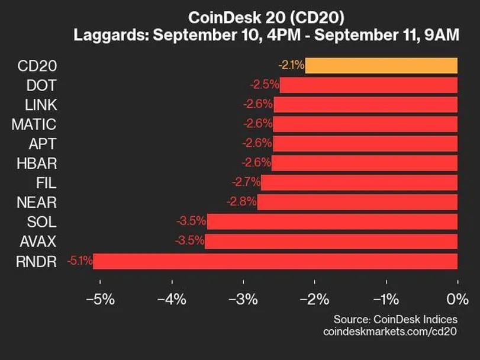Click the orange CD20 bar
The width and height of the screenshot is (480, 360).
381,65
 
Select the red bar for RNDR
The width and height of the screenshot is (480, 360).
275,261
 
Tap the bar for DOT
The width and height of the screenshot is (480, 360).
369,85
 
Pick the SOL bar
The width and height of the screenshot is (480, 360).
333,221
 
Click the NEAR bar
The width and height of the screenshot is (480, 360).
357,202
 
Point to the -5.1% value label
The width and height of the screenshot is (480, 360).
79,261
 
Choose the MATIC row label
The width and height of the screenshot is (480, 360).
34,124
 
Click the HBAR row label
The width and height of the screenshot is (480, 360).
38,163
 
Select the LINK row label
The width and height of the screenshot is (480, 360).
41,104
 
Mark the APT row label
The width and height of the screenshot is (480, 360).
43,143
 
